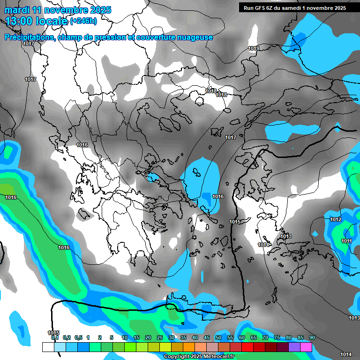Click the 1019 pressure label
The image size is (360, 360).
254,49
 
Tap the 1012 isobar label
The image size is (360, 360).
336,219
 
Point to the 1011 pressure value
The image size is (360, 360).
346,241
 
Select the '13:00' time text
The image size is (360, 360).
20,21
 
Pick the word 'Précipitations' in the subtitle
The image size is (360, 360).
29,37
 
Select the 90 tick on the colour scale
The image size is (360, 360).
312,337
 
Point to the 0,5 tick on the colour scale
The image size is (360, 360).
78,337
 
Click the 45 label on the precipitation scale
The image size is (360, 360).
207,337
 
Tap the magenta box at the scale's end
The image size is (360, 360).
306,347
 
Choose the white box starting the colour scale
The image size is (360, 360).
48,347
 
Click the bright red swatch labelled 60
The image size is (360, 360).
247,347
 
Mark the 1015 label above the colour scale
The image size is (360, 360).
53,333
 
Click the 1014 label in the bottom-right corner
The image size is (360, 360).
346,354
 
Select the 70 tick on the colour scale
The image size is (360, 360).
265,337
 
